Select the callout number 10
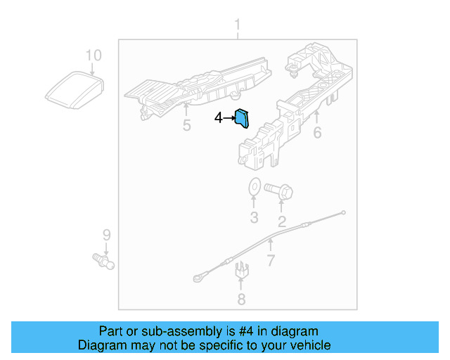pyautogui.click(x=94, y=55)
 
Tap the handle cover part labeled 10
pyautogui.click(x=75, y=91)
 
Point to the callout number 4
pyautogui.click(x=219, y=119)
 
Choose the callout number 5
pyautogui.click(x=186, y=126)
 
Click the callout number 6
pyautogui.click(x=317, y=131)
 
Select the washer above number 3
pyautogui.click(x=254, y=188)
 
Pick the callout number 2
pyautogui.click(x=282, y=223)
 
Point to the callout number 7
pyautogui.click(x=271, y=262)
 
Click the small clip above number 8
pyautogui.click(x=241, y=269)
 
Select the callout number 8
pyautogui.click(x=241, y=300)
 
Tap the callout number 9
pyautogui.click(x=106, y=234)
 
